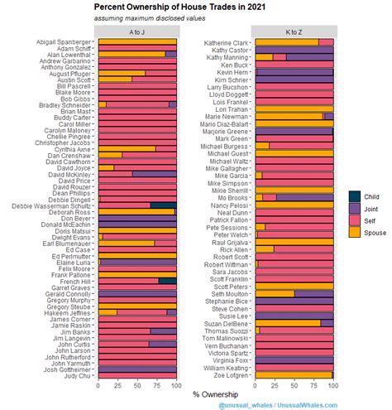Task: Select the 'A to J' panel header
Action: (136, 31)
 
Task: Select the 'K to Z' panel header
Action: (294, 31)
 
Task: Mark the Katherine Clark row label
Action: (225, 41)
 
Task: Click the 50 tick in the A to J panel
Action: (137, 384)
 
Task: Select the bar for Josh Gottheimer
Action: (137, 369)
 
